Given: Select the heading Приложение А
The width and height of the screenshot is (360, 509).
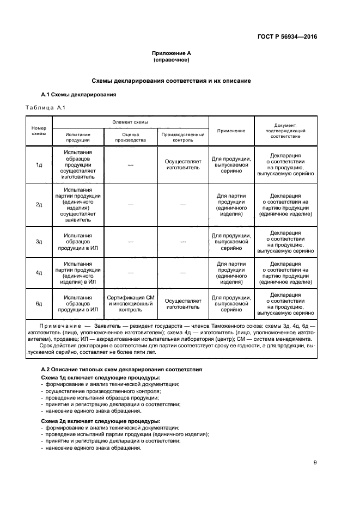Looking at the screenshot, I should tap(171, 53).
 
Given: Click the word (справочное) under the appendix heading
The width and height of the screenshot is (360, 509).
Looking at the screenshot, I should tap(171, 60).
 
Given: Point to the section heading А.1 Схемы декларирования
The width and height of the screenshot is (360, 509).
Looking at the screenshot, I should tap(78, 95).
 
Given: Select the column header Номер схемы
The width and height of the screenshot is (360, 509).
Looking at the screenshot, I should tap(39, 131).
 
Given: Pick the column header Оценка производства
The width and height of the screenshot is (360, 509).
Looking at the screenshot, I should tap(131, 137).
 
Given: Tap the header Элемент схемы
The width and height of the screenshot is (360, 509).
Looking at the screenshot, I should tap(130, 122).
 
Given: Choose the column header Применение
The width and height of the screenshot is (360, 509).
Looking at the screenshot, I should tap(231, 131).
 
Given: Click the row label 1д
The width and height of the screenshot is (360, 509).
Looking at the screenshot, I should tap(39, 164).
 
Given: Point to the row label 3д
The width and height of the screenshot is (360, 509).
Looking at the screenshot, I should tap(39, 241).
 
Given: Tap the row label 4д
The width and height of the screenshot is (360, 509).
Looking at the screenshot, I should tap(39, 272).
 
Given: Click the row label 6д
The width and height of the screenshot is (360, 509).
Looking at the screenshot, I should tap(39, 304).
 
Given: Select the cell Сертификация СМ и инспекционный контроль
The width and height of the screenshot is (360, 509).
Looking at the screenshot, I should tap(131, 304).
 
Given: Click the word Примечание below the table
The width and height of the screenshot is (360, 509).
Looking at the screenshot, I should tap(63, 325).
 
